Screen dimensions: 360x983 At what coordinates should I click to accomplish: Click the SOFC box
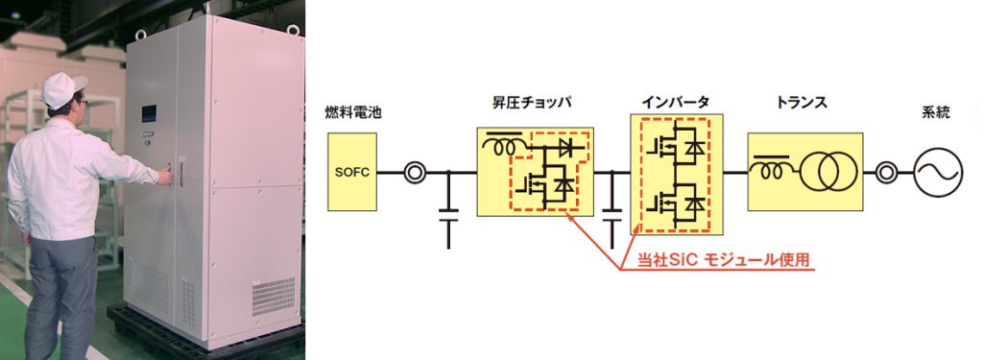(x=351, y=172)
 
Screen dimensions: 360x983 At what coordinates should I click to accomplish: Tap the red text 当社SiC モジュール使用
(x=729, y=260)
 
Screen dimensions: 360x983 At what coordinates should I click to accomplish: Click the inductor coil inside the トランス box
(x=771, y=168)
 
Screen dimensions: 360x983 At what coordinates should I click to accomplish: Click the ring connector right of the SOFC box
(x=414, y=173)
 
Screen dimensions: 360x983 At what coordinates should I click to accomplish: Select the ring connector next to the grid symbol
(x=885, y=174)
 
